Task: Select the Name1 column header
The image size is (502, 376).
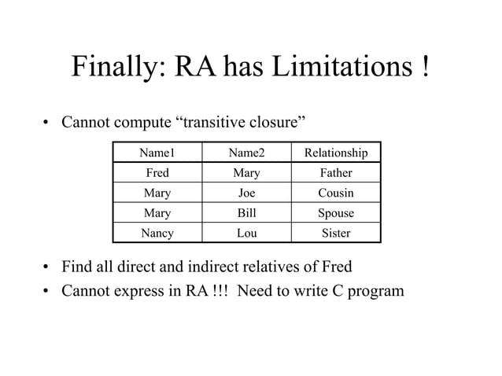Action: click(157, 152)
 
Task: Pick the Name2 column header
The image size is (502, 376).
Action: click(246, 152)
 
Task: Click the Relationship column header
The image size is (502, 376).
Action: click(336, 152)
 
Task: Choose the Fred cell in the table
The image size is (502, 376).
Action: click(157, 172)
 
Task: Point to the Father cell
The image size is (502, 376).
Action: click(336, 172)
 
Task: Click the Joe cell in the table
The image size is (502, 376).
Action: click(246, 193)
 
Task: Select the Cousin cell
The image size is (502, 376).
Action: click(336, 193)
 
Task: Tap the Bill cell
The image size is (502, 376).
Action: click(246, 213)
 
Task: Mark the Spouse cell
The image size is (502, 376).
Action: click(336, 213)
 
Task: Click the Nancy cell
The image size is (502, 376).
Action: click(157, 234)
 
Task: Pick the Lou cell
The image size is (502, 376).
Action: click(246, 234)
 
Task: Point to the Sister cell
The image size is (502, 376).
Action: click(336, 234)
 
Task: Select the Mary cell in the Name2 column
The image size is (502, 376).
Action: click(246, 172)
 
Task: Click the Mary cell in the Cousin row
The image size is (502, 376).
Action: click(157, 193)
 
